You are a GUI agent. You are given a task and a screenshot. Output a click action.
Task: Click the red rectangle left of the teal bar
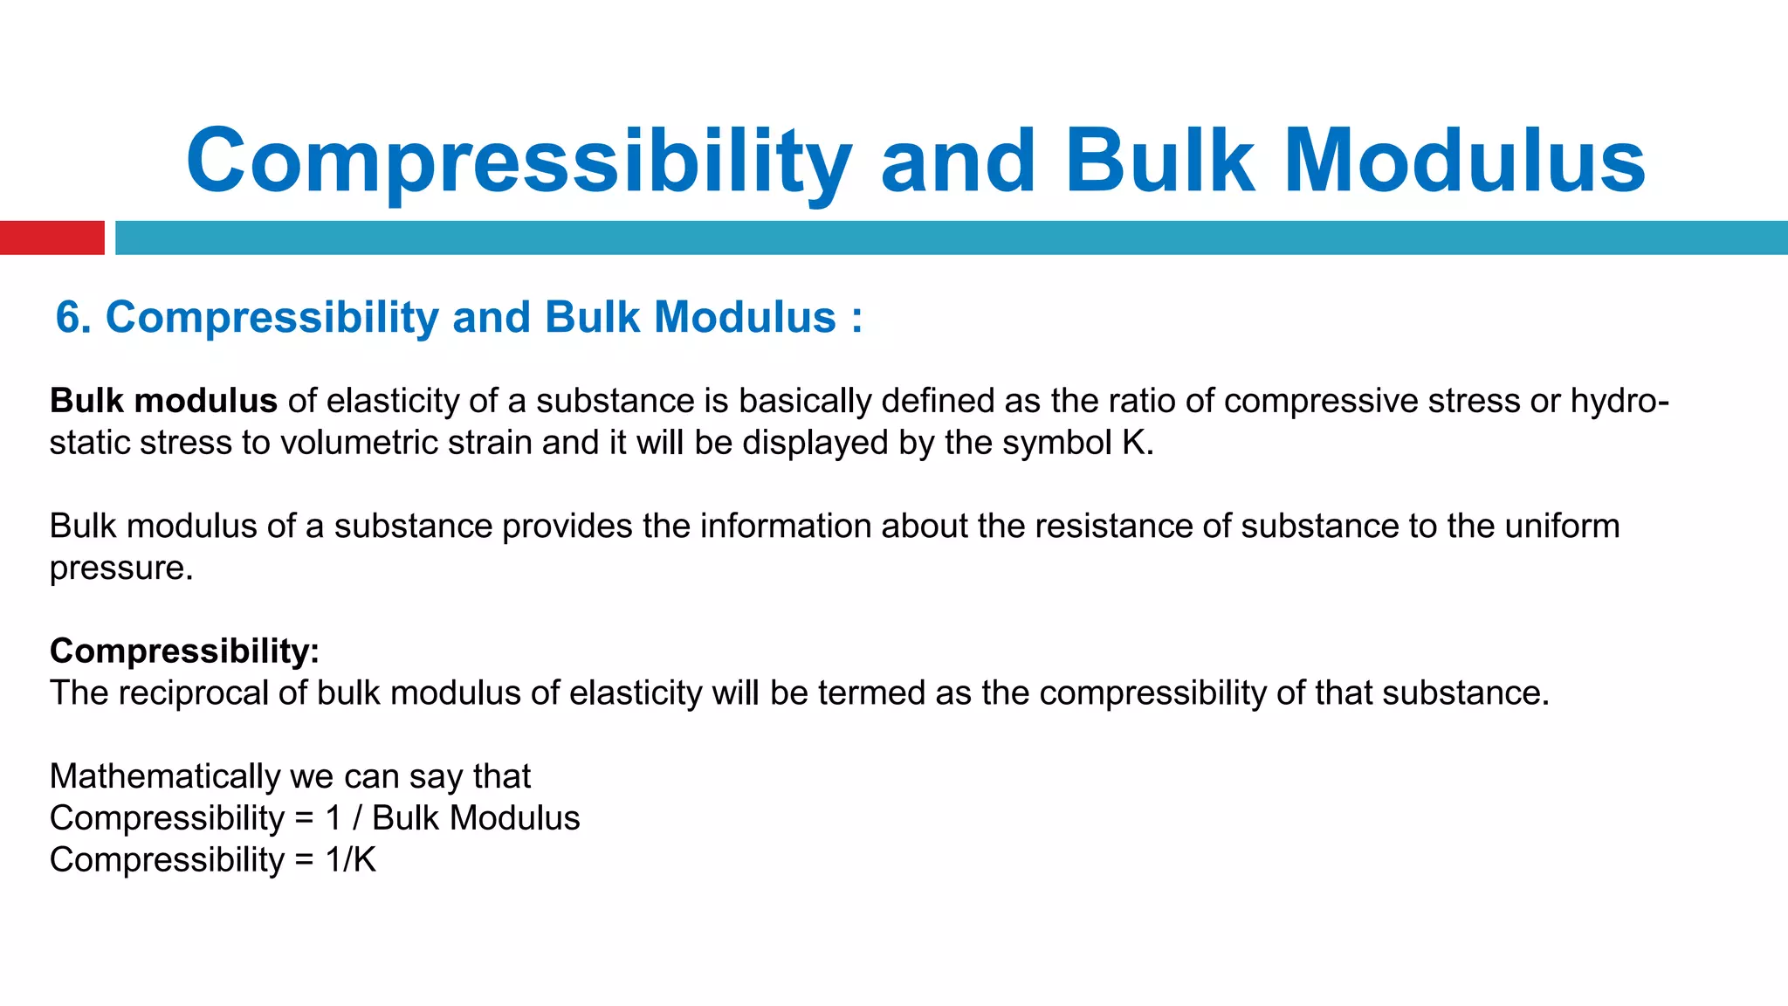[x=52, y=238]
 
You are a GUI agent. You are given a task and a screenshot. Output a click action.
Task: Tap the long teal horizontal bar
[x=951, y=238]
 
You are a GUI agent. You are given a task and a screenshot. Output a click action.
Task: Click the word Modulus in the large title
[x=1464, y=162]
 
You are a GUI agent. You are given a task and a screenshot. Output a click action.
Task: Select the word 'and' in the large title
[x=958, y=162]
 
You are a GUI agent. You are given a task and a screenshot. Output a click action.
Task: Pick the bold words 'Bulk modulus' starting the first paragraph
[x=163, y=401]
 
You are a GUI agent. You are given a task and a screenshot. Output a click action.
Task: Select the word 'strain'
[x=490, y=443]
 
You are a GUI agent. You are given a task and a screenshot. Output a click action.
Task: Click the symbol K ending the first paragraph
[x=1134, y=443]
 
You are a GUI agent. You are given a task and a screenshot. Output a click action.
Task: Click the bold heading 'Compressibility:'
[x=184, y=651]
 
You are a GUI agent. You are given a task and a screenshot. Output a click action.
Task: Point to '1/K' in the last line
[x=350, y=860]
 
